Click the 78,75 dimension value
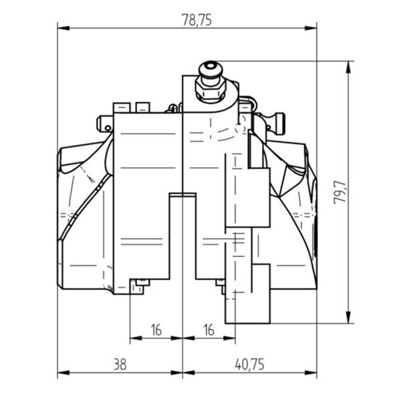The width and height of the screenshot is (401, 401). pos(196,19)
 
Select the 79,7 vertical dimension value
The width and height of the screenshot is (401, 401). pos(341,192)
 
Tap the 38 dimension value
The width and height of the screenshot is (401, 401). pos(120,364)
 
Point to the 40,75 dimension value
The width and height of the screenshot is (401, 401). pos(249,364)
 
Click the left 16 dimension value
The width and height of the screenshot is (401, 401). pos(156,330)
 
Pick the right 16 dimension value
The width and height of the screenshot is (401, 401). pos(209,330)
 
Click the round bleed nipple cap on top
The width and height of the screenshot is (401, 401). pos(211,69)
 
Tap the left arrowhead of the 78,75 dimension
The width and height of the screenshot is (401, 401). pos(63,28)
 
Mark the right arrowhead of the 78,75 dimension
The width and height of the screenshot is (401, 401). pos(311,28)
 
